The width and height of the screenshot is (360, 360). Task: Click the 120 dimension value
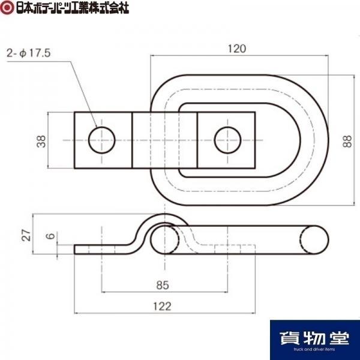(237, 49)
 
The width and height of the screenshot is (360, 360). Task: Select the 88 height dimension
(347, 142)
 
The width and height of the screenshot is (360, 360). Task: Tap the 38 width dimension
(41, 142)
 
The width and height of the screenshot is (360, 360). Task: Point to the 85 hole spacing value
(163, 285)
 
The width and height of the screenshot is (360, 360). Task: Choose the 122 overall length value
(162, 306)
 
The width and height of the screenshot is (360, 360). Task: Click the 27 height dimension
(26, 235)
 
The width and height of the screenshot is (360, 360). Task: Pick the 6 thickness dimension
(50, 236)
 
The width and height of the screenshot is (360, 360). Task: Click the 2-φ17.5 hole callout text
(28, 53)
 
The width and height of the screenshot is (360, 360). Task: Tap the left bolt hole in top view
(101, 140)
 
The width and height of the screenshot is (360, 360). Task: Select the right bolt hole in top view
(227, 140)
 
